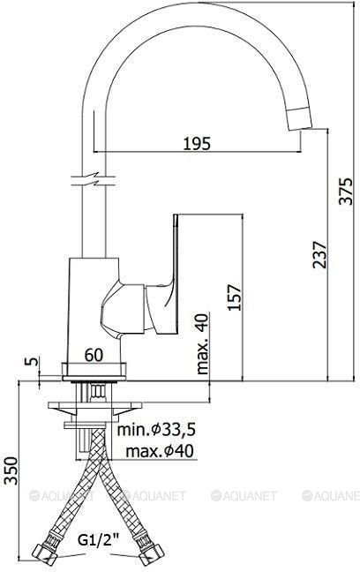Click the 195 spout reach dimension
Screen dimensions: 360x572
(x=197, y=143)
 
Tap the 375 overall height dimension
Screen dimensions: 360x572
(x=345, y=192)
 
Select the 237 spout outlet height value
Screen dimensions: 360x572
(x=320, y=254)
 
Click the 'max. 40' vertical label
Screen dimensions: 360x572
(x=202, y=343)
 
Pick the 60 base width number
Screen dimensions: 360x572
(x=94, y=355)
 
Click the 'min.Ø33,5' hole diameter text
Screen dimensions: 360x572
(x=156, y=430)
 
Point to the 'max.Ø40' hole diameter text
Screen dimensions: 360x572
(x=160, y=452)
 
